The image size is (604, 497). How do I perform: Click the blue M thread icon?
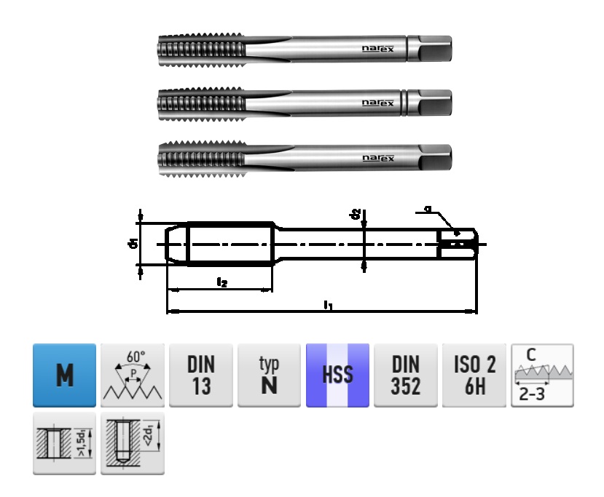[x=64, y=375]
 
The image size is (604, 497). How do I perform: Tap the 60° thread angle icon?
[x=133, y=375]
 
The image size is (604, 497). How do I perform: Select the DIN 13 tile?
[x=201, y=375]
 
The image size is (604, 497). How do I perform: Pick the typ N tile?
[x=270, y=375]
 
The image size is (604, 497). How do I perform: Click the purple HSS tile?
[x=337, y=375]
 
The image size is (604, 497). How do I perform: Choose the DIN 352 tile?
[x=406, y=375]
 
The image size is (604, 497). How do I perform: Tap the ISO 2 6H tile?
[x=474, y=375]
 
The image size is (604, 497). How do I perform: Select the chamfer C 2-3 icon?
[x=542, y=375]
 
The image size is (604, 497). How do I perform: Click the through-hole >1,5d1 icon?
[x=64, y=443]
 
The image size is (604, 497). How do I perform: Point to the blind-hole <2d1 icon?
[x=133, y=443]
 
